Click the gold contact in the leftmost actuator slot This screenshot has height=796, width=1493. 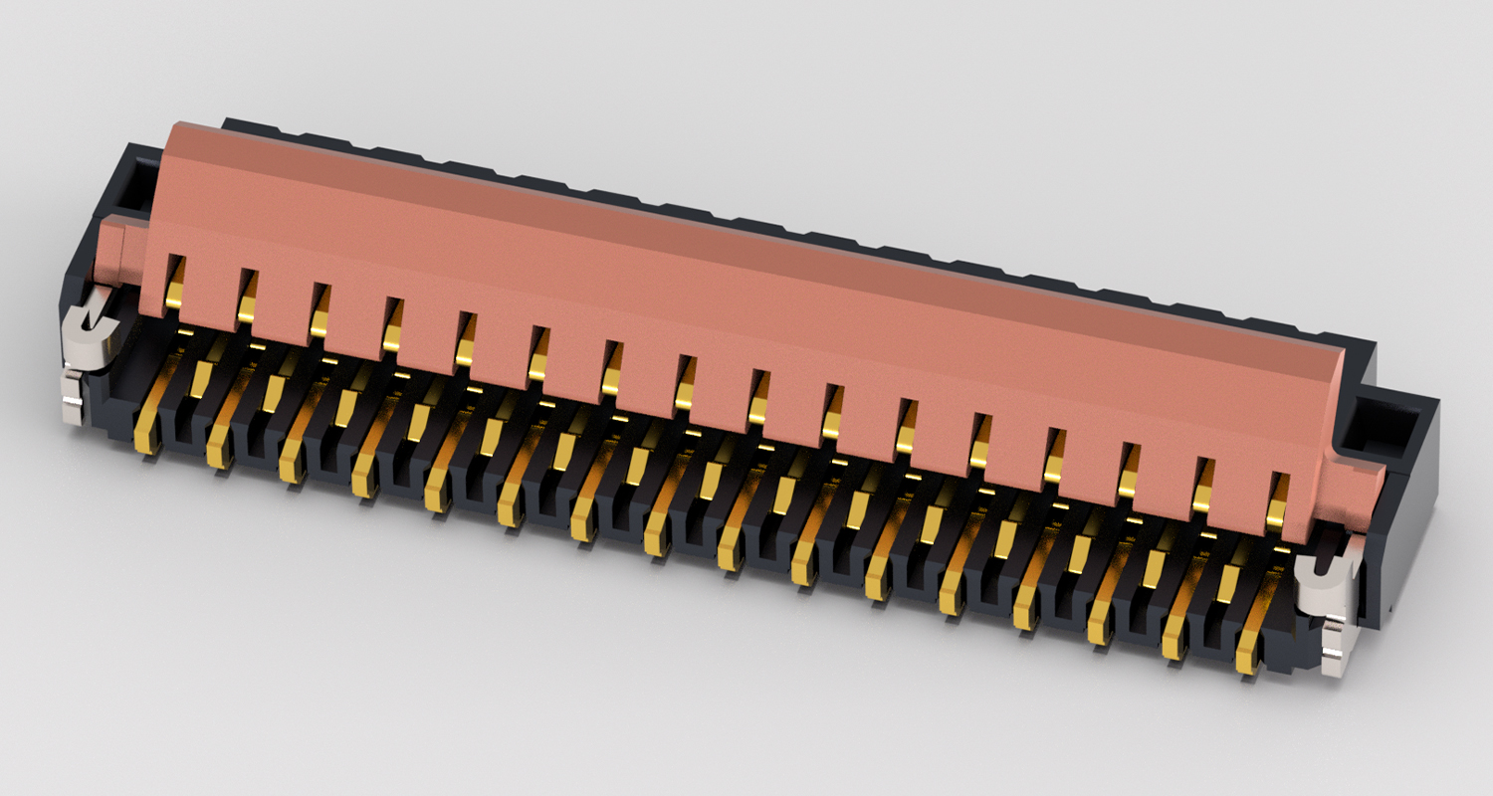(174, 292)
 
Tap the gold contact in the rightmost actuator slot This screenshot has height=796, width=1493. (1276, 510)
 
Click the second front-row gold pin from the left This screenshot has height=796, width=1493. (219, 451)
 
